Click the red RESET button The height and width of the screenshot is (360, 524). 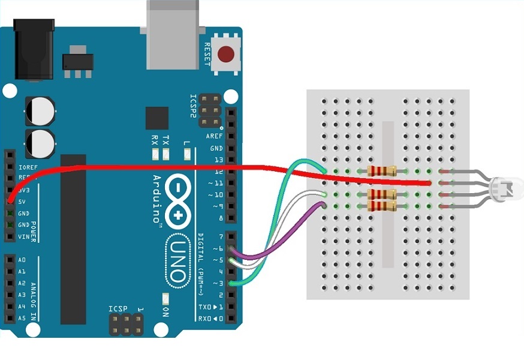click(x=225, y=55)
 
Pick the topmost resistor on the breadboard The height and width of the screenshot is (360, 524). click(x=381, y=170)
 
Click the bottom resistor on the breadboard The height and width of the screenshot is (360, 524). click(x=381, y=206)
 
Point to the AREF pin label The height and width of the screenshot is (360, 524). click(x=214, y=136)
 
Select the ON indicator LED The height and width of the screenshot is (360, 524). click(x=165, y=298)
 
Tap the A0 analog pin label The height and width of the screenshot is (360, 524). click(x=22, y=260)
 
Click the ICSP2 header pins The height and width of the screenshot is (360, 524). click(x=210, y=110)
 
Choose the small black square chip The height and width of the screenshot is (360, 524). click(x=157, y=118)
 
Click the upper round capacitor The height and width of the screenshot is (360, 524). click(x=40, y=111)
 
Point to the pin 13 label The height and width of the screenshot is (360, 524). click(x=217, y=160)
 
